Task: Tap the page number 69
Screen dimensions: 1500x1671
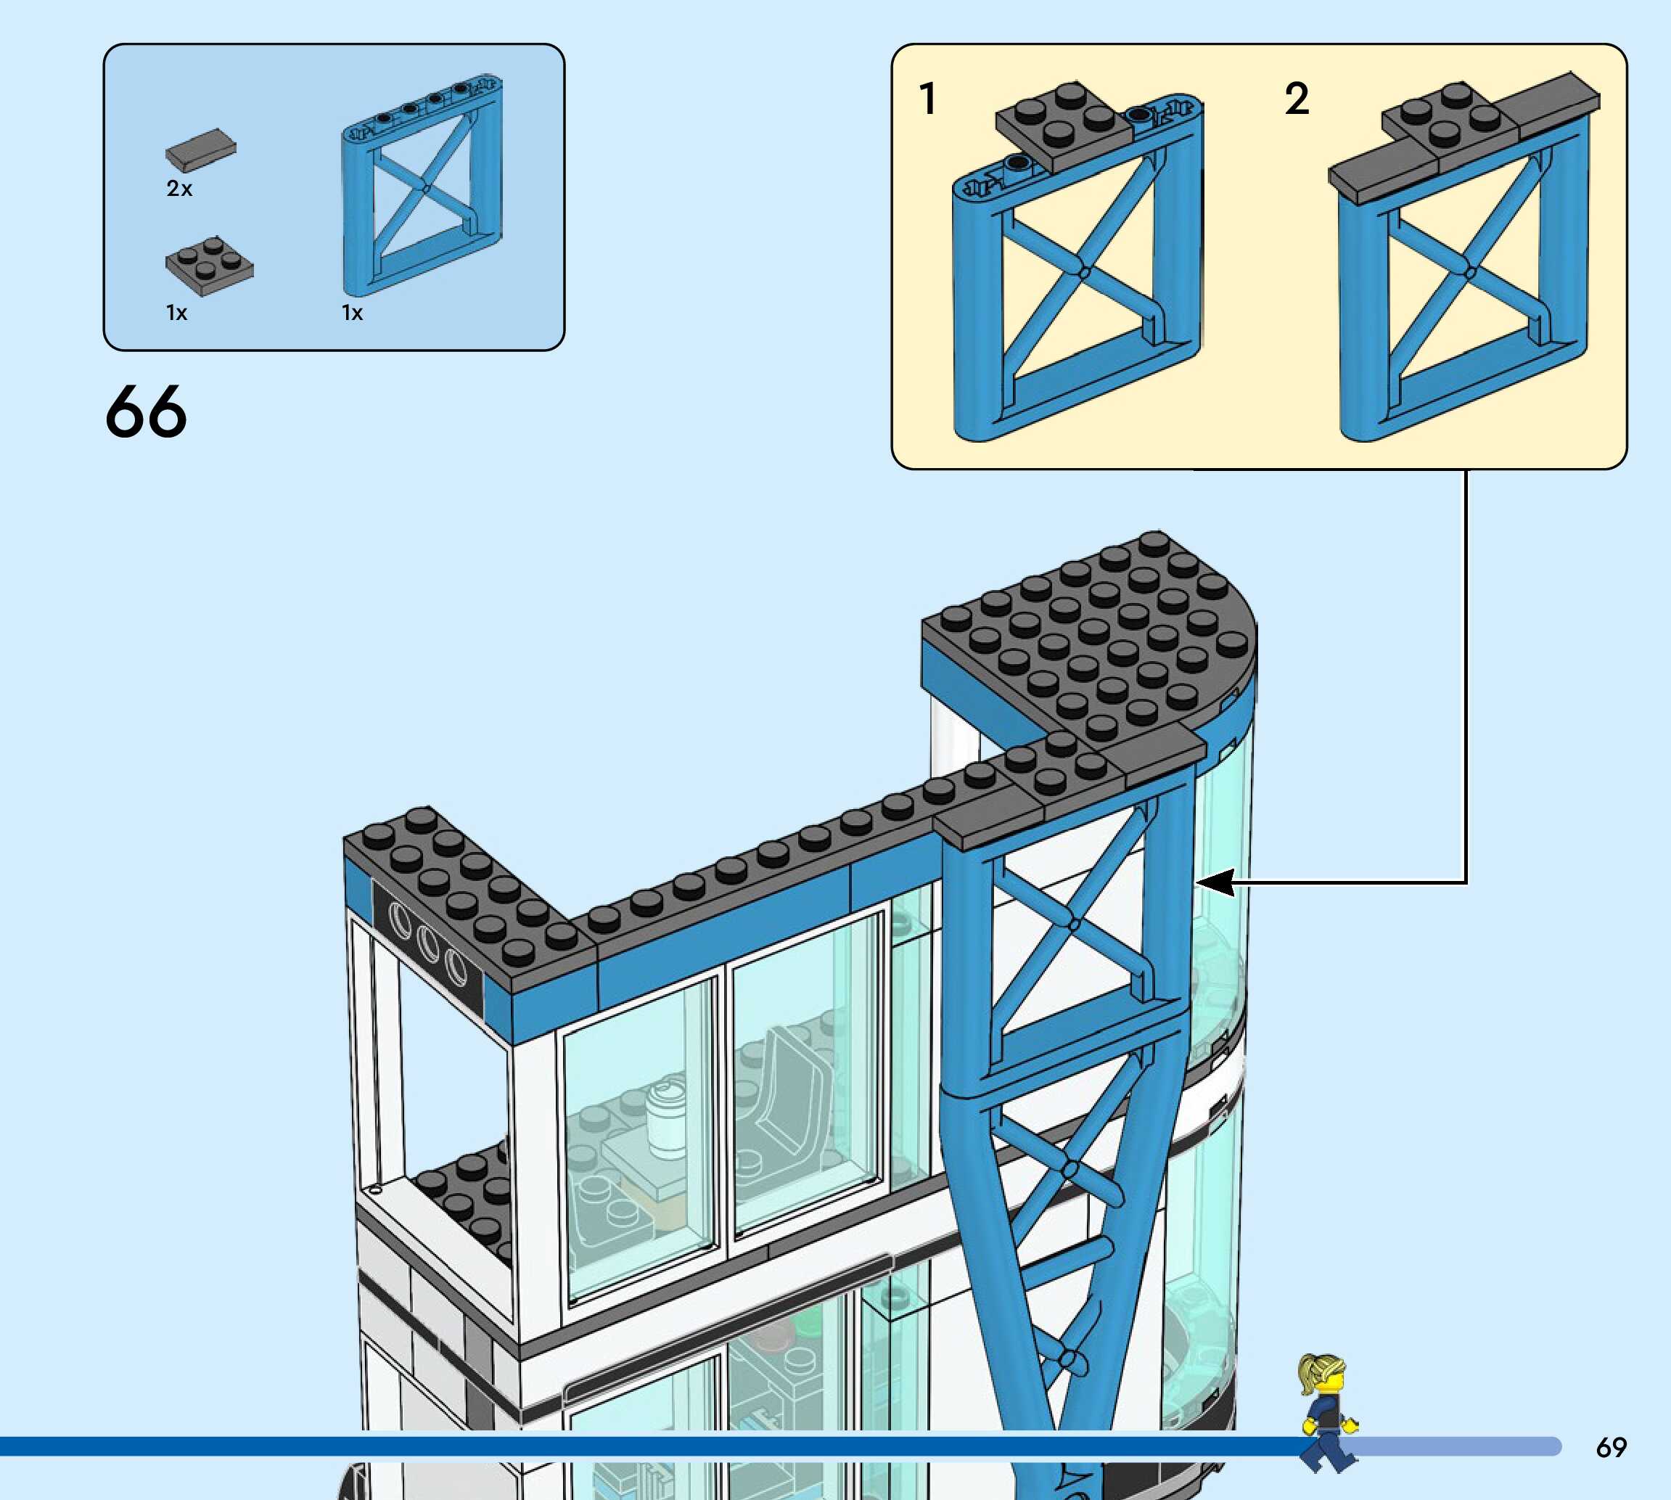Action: pyautogui.click(x=1611, y=1447)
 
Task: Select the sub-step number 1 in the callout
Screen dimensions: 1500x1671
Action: pyautogui.click(x=928, y=99)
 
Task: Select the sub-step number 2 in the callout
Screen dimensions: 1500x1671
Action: pyautogui.click(x=1296, y=99)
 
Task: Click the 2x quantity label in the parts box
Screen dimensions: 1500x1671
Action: pyautogui.click(x=178, y=189)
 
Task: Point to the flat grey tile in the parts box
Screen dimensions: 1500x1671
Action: pyautogui.click(x=200, y=149)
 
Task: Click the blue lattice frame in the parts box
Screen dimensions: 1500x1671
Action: pyautogui.click(x=422, y=186)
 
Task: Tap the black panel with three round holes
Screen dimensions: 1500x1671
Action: pyautogui.click(x=427, y=940)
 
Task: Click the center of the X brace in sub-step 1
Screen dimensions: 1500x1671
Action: pyautogui.click(x=1083, y=272)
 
